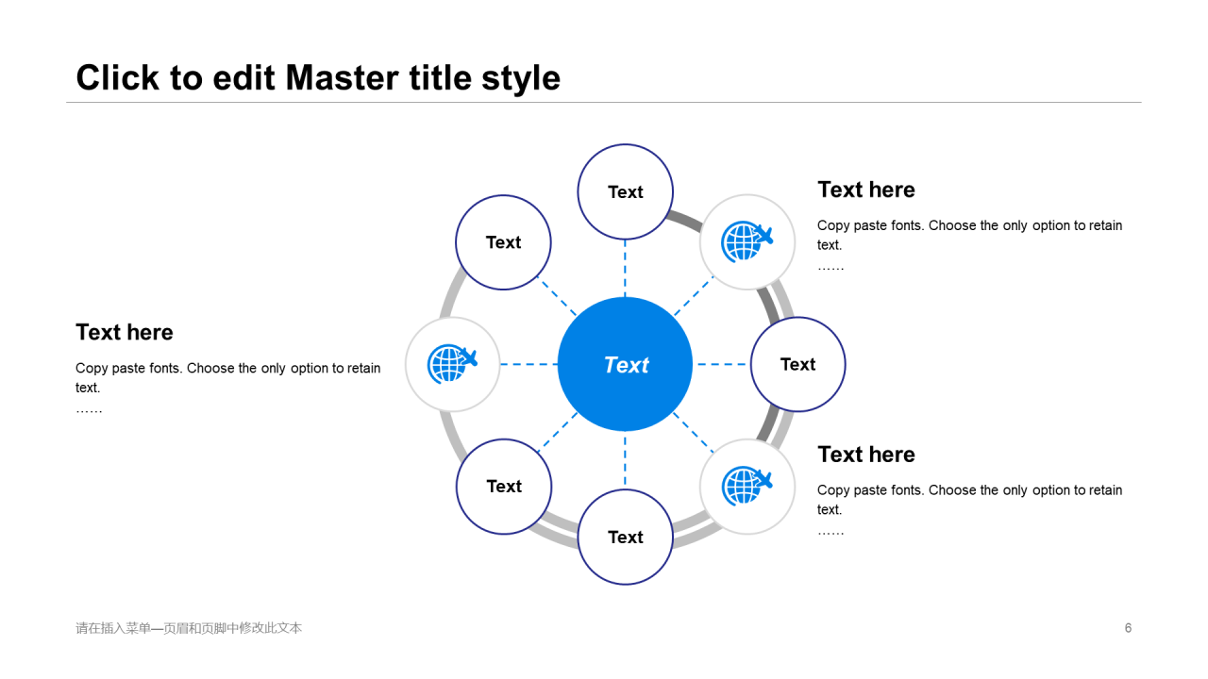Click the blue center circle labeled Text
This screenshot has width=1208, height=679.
click(x=625, y=364)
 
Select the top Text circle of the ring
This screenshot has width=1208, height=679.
click(x=625, y=191)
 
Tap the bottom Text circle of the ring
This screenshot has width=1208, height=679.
click(x=625, y=537)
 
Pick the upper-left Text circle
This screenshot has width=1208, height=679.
click(x=503, y=242)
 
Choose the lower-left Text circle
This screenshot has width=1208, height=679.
click(x=504, y=486)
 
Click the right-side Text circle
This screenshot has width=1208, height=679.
click(x=797, y=364)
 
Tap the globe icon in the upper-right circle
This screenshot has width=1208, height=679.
click(x=746, y=241)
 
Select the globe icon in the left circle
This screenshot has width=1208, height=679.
click(x=451, y=364)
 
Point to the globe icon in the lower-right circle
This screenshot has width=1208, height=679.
click(x=746, y=486)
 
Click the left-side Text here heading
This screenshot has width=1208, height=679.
click(x=125, y=332)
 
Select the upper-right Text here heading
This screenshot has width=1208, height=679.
click(x=866, y=190)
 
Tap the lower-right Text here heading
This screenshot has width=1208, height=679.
click(x=866, y=455)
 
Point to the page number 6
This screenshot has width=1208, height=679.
click(x=1128, y=628)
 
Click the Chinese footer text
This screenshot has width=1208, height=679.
click(x=189, y=628)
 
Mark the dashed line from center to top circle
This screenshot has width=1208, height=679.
click(x=625, y=268)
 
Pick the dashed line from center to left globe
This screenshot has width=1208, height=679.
click(x=528, y=364)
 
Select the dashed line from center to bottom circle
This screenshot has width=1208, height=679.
click(x=625, y=460)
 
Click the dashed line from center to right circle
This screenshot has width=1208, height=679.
click(x=721, y=364)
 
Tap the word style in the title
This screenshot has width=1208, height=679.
click(x=521, y=77)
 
